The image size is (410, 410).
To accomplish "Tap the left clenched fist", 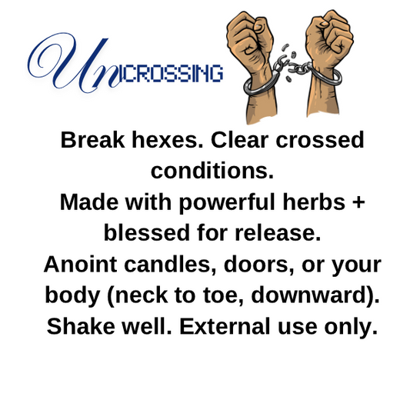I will (x=249, y=35).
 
